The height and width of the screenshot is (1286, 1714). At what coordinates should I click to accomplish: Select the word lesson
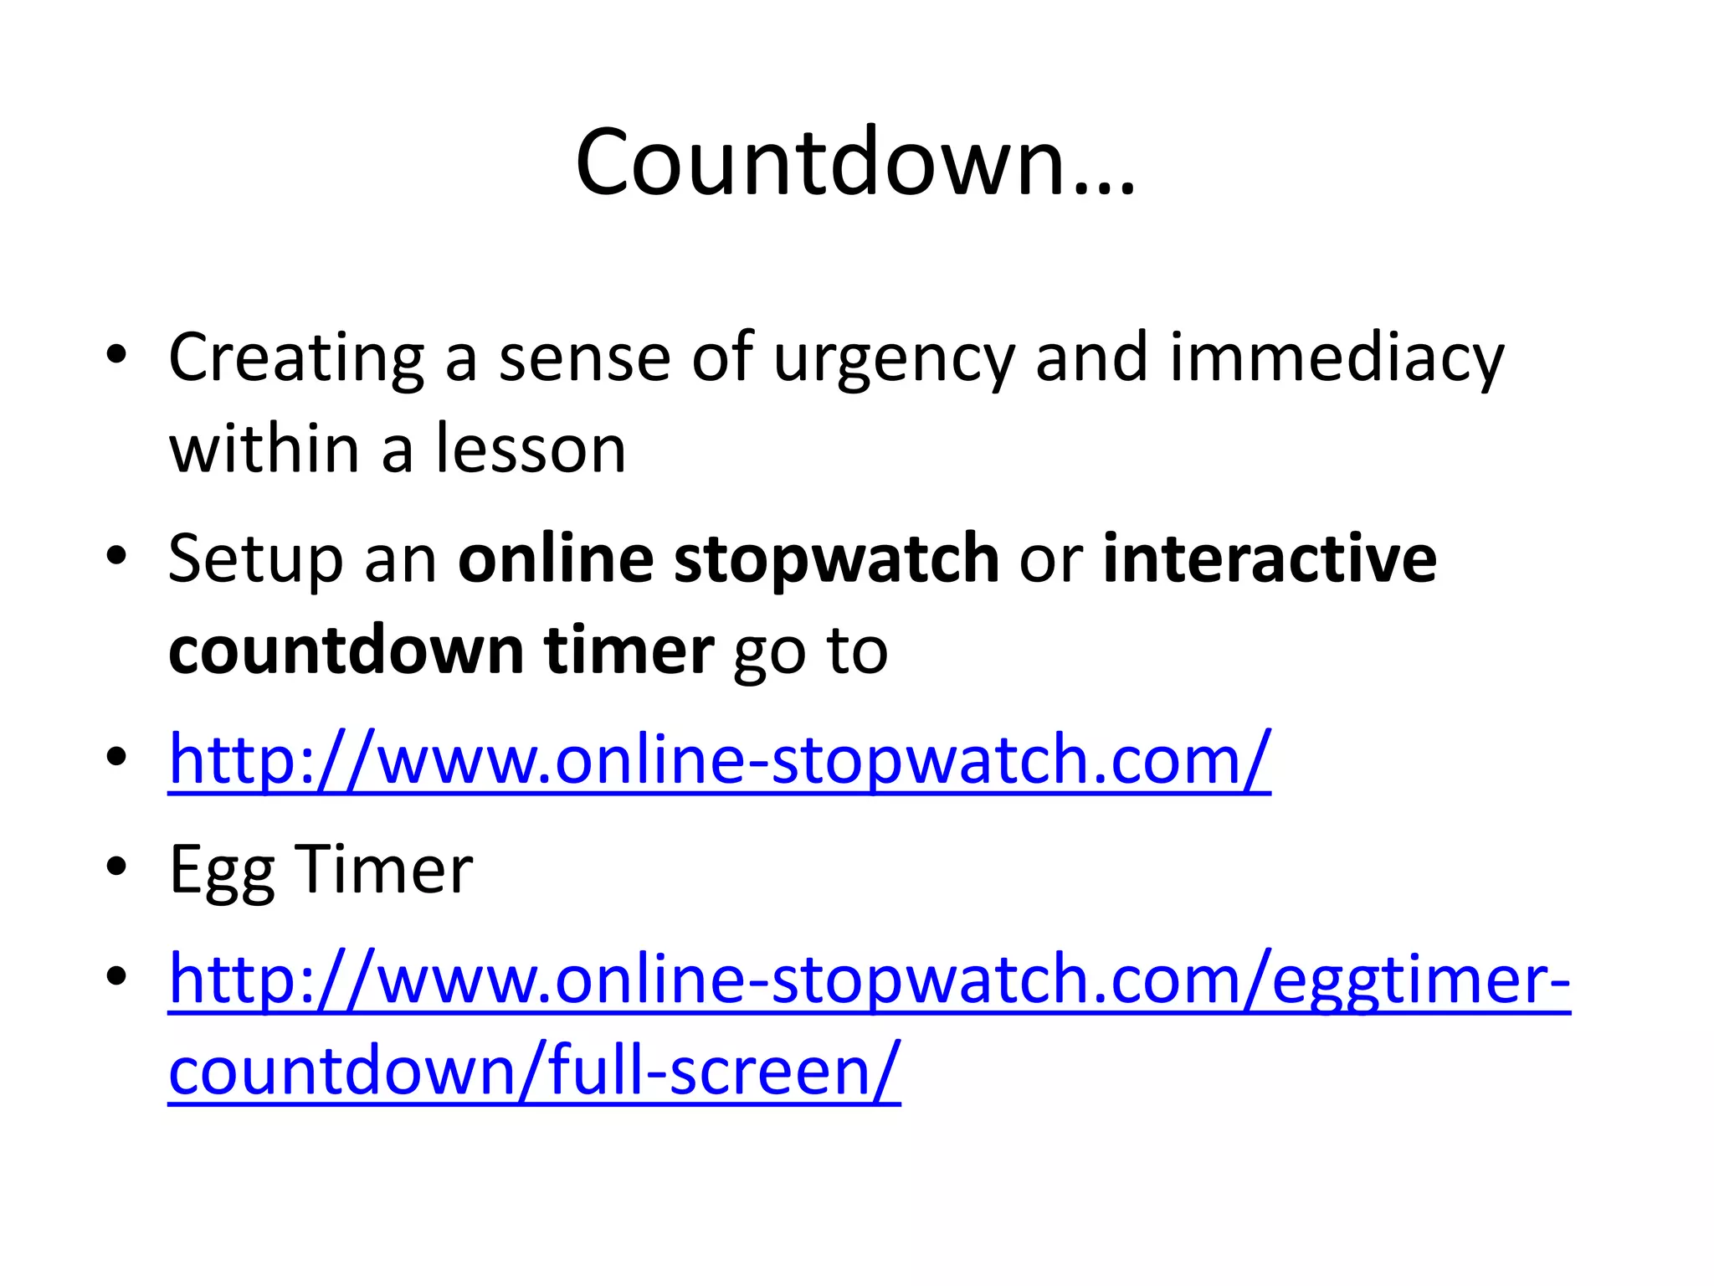(x=531, y=450)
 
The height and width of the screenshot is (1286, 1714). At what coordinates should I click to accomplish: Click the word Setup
(x=255, y=560)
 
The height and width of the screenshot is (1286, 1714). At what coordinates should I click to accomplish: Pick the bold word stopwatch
(x=836, y=560)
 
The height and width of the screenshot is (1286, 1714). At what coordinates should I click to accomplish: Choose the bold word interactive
(x=1269, y=558)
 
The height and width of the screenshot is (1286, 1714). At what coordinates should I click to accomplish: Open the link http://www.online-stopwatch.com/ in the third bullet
(x=719, y=760)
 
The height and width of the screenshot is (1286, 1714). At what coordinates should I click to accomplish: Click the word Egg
(x=221, y=871)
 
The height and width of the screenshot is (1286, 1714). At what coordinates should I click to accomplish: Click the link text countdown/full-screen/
(x=534, y=1071)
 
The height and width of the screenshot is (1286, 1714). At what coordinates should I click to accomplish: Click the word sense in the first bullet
(x=584, y=358)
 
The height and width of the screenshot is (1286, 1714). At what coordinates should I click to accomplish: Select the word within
(x=264, y=450)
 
